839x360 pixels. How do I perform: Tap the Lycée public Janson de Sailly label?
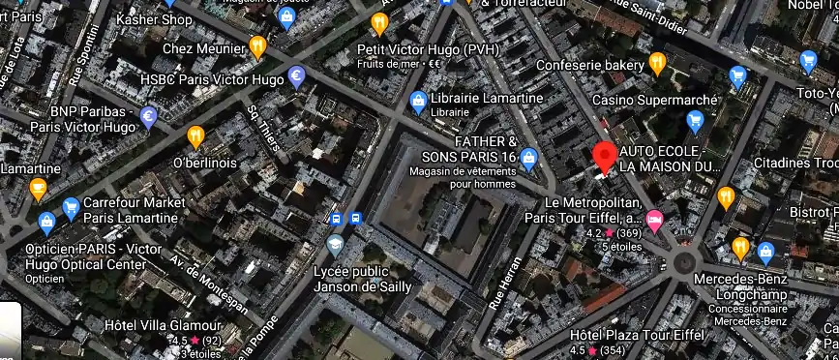coord(363,279)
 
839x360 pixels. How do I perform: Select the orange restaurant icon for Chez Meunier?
coord(257,45)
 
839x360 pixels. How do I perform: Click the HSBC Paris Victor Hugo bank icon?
coord(297,77)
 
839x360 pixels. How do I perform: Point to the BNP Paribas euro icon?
coord(148,118)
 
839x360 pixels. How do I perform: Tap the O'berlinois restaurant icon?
coord(195,135)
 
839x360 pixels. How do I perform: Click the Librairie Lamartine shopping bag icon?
coord(418,100)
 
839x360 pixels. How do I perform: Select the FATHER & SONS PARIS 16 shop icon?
coord(528,158)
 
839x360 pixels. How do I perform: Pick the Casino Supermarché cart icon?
coord(694,120)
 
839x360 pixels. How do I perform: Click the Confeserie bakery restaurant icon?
coord(658,64)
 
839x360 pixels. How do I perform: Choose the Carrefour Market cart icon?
coord(70,208)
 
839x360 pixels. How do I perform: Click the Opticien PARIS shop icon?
coord(45,225)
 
